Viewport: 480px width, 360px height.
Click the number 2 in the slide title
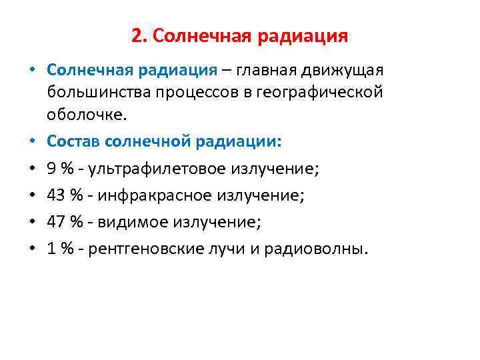136,35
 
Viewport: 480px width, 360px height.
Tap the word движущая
344,70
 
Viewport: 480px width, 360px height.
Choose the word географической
317,91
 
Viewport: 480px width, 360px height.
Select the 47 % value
64,222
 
